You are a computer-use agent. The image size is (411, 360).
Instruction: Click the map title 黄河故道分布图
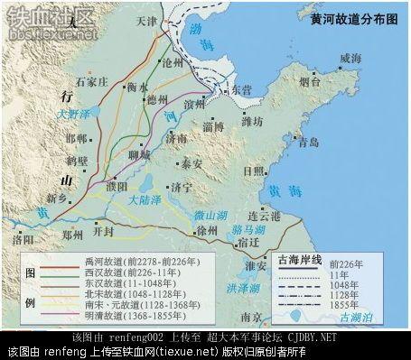point(352,17)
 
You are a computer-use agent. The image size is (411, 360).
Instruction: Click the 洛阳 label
point(21,241)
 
